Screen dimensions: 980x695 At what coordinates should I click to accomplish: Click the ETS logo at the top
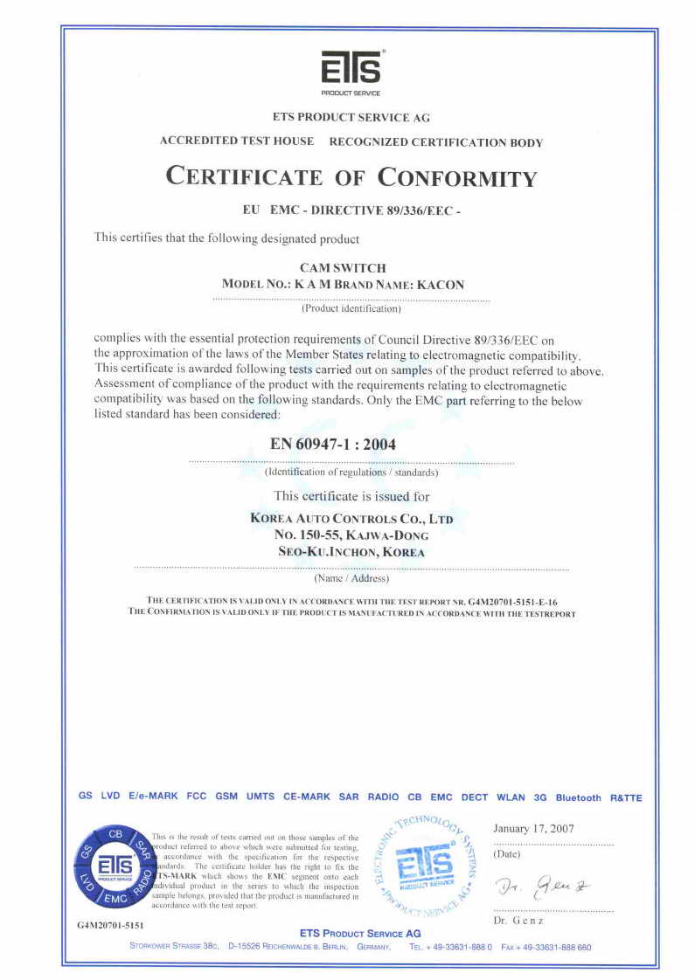(351, 69)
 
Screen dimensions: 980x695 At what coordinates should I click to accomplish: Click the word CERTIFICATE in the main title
(244, 176)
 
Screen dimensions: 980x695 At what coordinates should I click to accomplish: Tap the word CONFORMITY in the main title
(457, 177)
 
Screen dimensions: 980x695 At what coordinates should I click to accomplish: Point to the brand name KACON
(441, 285)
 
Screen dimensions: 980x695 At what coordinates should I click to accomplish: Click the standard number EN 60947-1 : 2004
(333, 444)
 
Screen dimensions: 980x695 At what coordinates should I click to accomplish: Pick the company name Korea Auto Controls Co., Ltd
(351, 518)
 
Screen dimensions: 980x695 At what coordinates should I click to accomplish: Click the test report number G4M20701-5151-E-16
(513, 602)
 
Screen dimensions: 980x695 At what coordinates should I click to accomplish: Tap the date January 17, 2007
(533, 828)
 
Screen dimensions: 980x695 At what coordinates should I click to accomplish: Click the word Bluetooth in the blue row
(578, 797)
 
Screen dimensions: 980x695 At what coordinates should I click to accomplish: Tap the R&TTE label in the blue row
(626, 797)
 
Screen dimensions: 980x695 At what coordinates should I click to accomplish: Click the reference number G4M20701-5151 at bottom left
(104, 924)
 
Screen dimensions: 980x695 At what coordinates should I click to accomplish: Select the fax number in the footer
(546, 947)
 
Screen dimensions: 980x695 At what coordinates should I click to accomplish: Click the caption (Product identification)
(351, 308)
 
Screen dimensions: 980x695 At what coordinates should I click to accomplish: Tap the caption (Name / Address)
(351, 578)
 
